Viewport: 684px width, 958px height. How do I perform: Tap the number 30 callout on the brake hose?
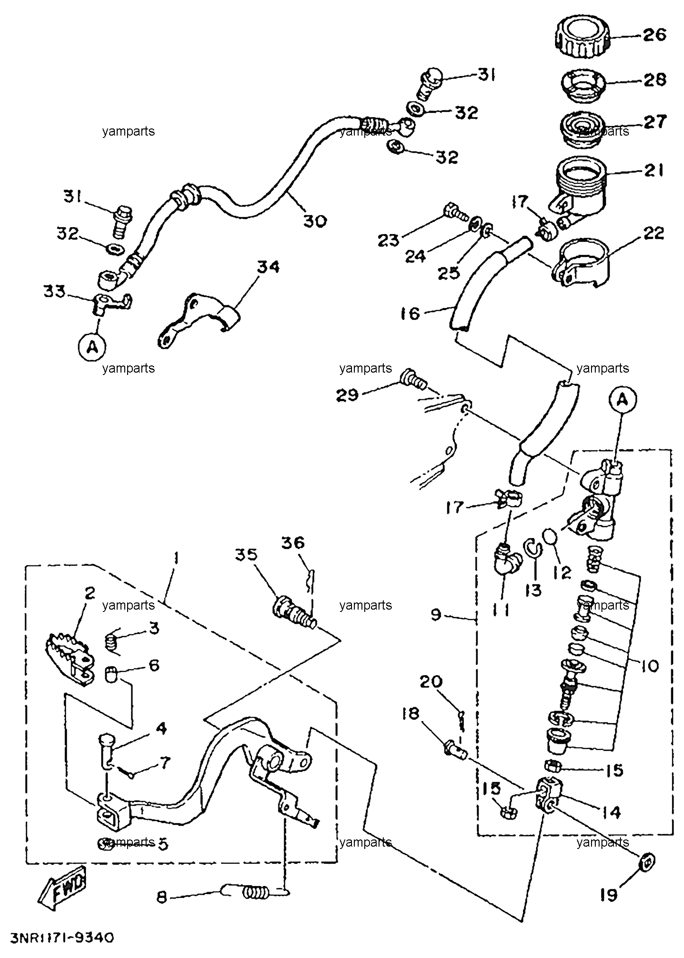click(x=315, y=220)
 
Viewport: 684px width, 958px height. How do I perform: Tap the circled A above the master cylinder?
click(x=623, y=401)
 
